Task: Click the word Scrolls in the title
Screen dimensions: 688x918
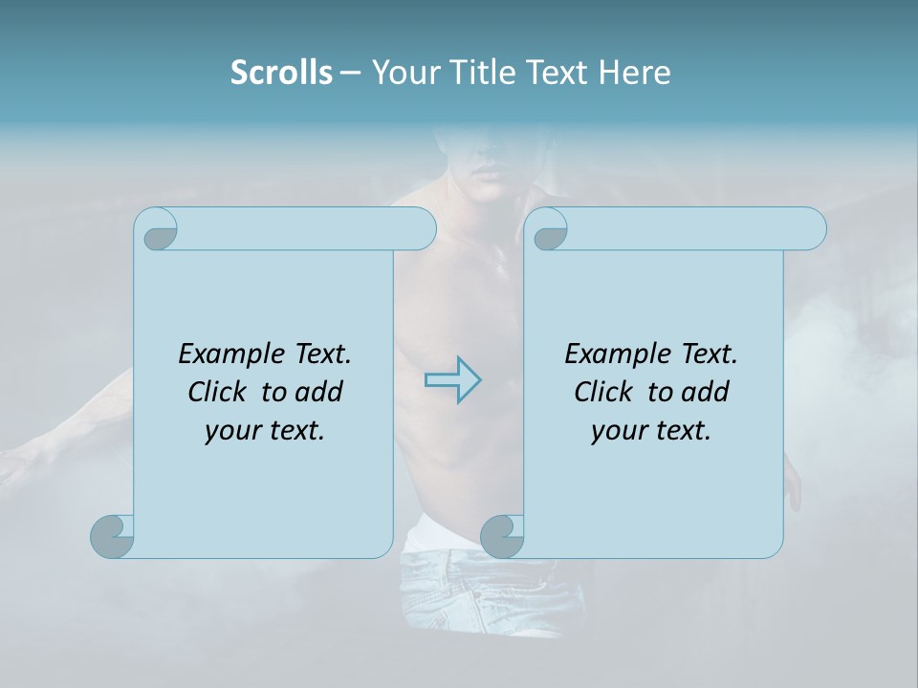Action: (x=281, y=73)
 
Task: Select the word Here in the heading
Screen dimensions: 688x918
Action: (x=634, y=73)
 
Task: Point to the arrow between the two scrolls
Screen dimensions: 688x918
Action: (x=452, y=380)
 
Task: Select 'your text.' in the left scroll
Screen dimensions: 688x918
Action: (x=265, y=430)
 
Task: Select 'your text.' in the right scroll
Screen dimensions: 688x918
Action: (x=651, y=430)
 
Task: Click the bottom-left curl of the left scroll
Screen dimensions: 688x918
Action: (x=113, y=535)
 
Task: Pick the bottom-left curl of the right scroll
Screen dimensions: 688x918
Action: (x=502, y=535)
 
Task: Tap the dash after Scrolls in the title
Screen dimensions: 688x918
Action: (x=350, y=73)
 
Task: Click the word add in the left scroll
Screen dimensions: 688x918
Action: (x=317, y=392)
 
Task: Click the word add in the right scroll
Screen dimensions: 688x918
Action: (x=704, y=392)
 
